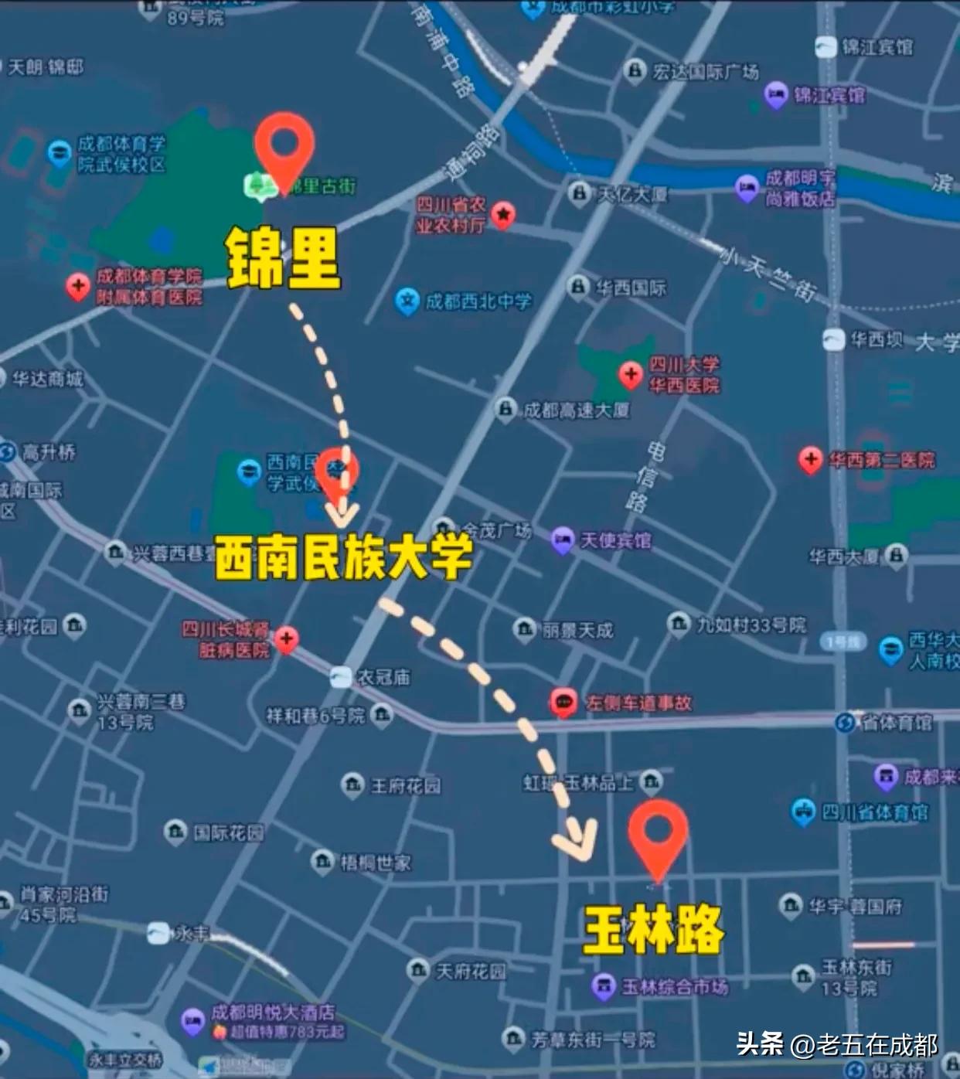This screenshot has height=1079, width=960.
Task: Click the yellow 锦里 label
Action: coord(284,258)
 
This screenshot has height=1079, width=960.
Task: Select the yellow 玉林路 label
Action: coord(654,929)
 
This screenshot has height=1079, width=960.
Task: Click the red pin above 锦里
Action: coord(284,147)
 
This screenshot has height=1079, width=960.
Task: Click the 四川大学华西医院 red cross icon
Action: coord(631,375)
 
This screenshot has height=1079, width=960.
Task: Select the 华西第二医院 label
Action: coord(881,461)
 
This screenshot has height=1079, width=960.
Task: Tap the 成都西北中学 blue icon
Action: coord(407,301)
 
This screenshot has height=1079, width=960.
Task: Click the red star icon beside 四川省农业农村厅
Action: coord(503,214)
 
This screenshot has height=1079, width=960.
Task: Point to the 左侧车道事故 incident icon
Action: coord(563,703)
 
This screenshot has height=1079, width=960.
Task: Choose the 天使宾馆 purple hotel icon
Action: coord(562,539)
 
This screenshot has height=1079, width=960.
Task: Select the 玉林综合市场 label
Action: coord(675,987)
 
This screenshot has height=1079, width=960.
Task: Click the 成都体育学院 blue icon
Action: coord(60,153)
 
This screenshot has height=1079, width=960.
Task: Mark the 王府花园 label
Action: coord(406,786)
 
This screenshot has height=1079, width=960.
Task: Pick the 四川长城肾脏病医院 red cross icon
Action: coord(287,639)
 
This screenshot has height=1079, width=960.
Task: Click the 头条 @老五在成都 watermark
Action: coord(837,1045)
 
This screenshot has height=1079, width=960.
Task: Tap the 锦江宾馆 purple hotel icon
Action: coord(776,95)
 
